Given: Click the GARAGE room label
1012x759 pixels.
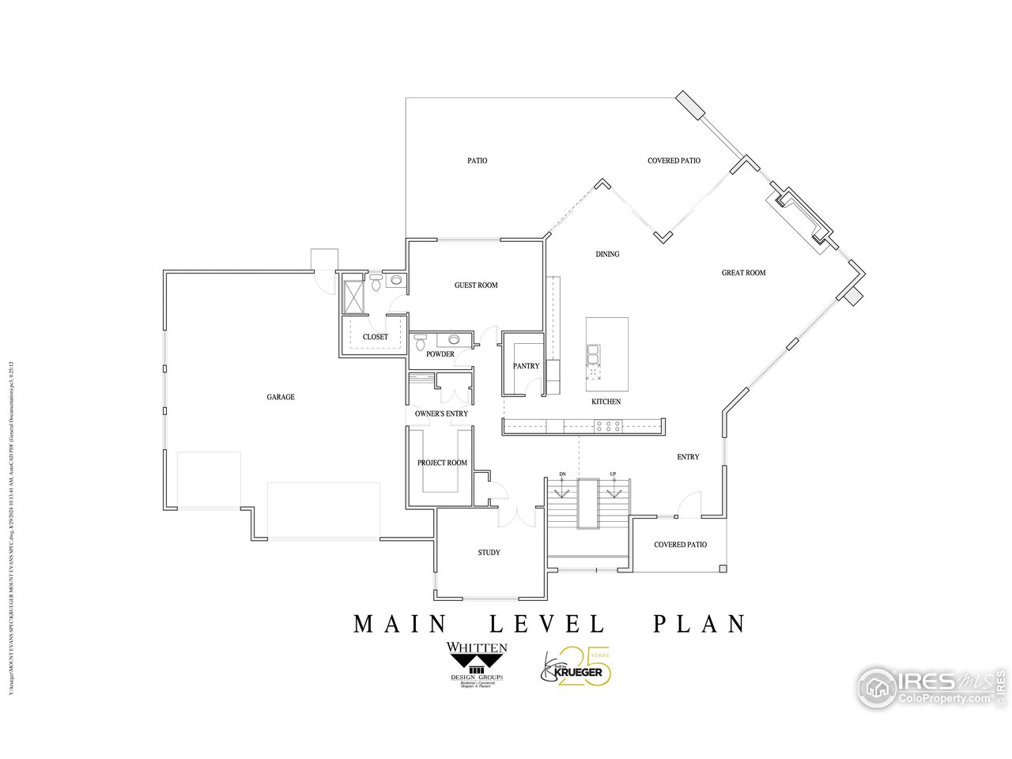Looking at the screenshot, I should tap(281, 397).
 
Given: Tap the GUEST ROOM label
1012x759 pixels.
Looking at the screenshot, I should tap(476, 285).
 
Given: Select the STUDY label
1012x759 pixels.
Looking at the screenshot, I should tap(489, 553).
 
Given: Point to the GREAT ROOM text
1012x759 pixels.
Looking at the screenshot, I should tap(743, 273).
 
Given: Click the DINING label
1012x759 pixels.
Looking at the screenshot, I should tap(607, 255).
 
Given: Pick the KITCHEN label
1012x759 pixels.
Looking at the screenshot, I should tap(606, 402).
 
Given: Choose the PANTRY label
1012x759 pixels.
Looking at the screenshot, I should tap(526, 366).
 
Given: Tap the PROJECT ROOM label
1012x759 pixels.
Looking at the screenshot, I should tap(442, 463).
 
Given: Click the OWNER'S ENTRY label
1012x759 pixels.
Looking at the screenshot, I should tap(441, 413).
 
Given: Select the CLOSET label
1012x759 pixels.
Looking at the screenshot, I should tap(375, 337).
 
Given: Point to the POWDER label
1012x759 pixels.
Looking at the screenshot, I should tap(440, 354).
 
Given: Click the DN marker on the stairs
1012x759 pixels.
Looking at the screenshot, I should tap(562, 474).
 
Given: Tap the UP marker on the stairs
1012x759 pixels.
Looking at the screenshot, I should tap(613, 474).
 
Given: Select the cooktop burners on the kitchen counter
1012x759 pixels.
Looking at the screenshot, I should tap(608, 427).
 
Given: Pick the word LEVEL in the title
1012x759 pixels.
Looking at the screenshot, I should tap(547, 624).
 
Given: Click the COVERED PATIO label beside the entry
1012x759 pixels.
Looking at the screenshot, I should tap(680, 545).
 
